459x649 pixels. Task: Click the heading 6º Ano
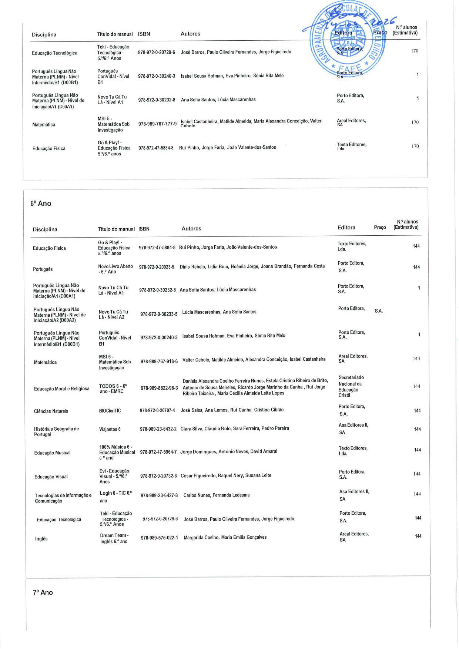point(41,204)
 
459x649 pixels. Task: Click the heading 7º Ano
point(43,592)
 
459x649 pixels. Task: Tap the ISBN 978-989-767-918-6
point(159,362)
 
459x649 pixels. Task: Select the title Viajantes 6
point(110,430)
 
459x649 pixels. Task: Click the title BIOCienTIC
point(110,411)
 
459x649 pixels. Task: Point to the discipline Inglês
point(41,539)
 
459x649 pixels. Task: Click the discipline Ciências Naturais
point(51,411)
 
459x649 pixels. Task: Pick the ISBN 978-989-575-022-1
point(159,538)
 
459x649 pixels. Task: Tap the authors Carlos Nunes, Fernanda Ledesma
point(217,495)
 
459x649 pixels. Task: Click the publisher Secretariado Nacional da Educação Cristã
point(351,386)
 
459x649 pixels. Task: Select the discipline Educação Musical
point(52,453)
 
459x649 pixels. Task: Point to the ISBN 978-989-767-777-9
point(157,124)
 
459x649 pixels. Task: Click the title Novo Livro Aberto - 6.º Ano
point(115,269)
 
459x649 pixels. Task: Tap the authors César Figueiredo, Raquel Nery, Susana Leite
point(226,475)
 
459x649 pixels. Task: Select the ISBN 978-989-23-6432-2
point(158,429)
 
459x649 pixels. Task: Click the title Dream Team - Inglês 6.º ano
point(114,538)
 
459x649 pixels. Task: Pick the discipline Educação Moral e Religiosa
point(61,389)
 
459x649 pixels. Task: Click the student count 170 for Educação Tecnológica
point(414,51)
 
